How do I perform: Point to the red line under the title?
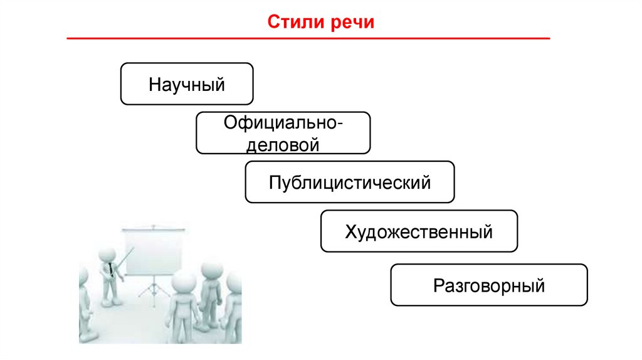click(x=308, y=39)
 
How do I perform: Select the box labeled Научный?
click(x=187, y=83)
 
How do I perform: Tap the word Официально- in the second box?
click(x=283, y=123)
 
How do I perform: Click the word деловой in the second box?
click(x=283, y=144)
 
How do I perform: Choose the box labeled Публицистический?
click(x=349, y=183)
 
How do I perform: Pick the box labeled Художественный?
click(x=419, y=232)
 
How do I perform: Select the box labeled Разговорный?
click(x=489, y=286)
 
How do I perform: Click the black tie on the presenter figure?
click(x=111, y=270)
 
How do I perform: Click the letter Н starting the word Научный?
click(x=154, y=84)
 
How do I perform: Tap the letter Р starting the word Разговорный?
click(x=438, y=287)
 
